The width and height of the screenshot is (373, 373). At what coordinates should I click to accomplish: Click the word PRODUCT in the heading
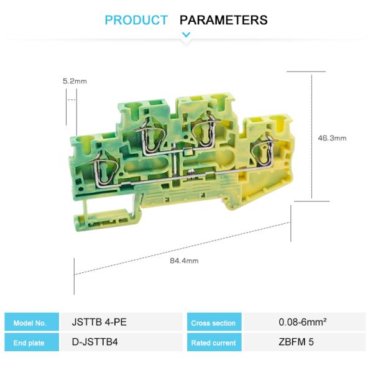136,20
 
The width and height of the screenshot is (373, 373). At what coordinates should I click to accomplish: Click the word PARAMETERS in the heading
224,20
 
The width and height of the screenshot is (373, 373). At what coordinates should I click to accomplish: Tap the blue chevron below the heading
186,35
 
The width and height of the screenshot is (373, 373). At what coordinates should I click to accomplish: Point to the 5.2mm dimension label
75,81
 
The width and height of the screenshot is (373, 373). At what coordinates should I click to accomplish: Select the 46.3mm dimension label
332,138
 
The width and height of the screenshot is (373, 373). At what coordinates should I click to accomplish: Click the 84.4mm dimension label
184,260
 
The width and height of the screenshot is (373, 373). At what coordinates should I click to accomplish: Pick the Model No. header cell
32,322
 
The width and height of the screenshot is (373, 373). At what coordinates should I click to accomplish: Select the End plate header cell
32,342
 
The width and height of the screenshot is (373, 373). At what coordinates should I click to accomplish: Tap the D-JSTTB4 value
95,342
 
